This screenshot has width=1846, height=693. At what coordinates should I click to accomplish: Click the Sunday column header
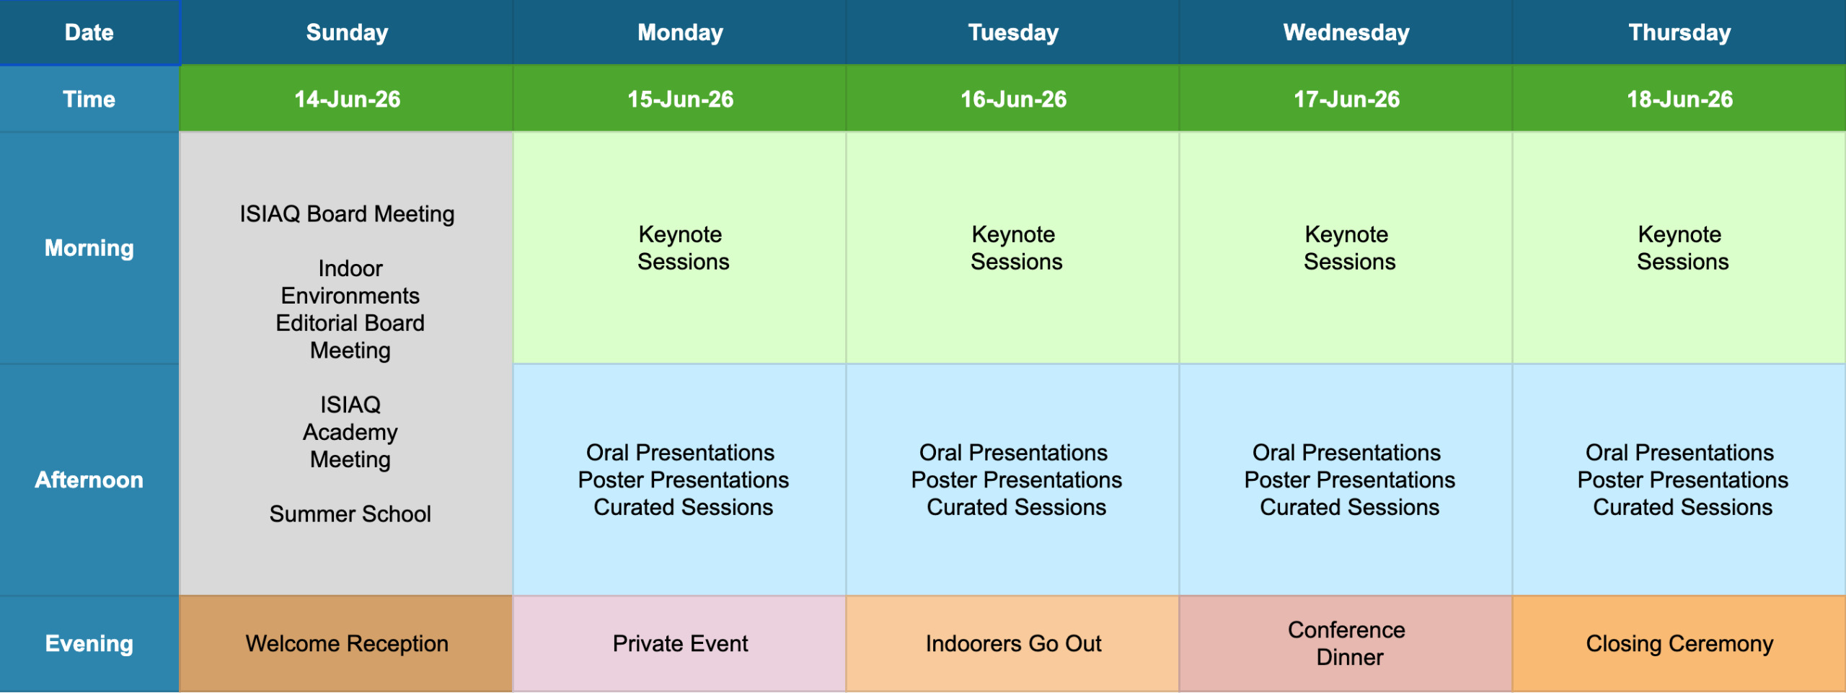(x=346, y=32)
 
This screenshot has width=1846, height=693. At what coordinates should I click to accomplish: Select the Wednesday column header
(x=1346, y=32)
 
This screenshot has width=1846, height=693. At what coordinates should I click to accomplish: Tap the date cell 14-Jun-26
(x=346, y=99)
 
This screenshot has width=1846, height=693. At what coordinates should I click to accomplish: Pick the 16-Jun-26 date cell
(x=1012, y=99)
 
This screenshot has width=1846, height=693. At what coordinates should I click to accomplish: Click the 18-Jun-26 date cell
(x=1679, y=99)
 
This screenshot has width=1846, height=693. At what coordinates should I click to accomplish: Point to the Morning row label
(x=89, y=248)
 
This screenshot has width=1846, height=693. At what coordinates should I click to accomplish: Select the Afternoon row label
(x=89, y=480)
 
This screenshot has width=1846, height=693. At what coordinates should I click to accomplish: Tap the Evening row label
(x=89, y=644)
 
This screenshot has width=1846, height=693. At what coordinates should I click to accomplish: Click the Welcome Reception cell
(x=346, y=644)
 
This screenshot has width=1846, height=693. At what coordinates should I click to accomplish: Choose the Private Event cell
(x=679, y=644)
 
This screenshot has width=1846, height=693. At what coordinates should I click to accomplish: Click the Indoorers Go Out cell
(x=1012, y=644)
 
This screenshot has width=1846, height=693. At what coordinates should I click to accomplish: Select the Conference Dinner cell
(x=1346, y=644)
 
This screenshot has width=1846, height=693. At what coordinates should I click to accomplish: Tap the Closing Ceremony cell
(x=1679, y=644)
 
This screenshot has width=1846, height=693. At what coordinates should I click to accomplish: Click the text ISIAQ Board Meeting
(x=347, y=214)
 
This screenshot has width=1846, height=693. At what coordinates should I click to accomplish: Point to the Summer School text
(x=350, y=513)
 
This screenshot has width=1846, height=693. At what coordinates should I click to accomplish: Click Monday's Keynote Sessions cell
(x=679, y=248)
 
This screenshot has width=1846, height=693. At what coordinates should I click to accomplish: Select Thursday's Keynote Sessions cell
(x=1679, y=248)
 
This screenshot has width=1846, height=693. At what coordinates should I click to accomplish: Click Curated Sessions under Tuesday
(x=1016, y=507)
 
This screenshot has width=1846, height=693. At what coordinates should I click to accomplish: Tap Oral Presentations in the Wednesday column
(x=1346, y=452)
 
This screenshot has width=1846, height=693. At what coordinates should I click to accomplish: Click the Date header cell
(x=89, y=32)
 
